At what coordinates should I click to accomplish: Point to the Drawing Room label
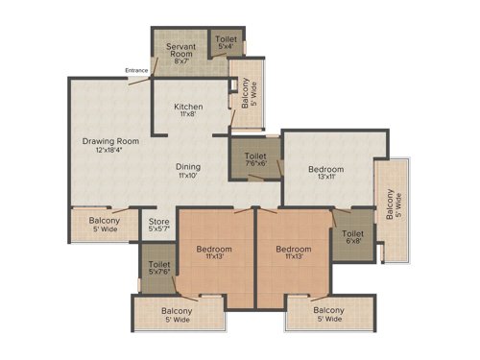tap(110, 141)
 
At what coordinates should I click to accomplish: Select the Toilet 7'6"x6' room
tap(254, 158)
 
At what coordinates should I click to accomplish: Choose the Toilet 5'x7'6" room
tap(159, 267)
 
